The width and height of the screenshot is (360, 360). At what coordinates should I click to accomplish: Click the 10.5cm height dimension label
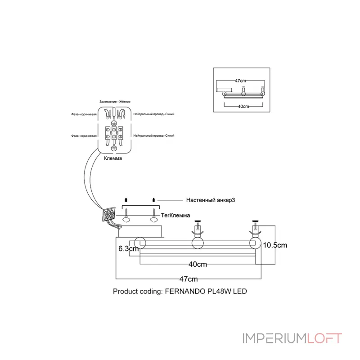(x=275, y=245)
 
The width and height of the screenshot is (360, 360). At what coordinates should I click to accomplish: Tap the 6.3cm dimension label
(x=129, y=248)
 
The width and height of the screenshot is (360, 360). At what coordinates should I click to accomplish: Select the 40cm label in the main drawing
(x=198, y=264)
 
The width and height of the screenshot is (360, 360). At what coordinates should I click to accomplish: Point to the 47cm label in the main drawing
(x=189, y=279)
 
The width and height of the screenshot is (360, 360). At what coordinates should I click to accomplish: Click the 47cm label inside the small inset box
(x=240, y=81)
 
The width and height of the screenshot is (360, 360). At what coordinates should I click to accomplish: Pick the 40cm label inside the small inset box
(x=243, y=106)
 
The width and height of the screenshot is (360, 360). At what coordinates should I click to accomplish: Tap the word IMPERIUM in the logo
(x=274, y=338)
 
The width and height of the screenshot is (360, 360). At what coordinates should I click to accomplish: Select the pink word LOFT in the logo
(x=324, y=338)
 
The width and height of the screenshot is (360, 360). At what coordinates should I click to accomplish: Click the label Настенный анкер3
(x=211, y=200)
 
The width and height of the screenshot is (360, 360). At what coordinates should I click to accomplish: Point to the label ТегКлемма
(x=175, y=216)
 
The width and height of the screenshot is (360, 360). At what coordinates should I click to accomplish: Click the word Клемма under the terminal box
(x=113, y=158)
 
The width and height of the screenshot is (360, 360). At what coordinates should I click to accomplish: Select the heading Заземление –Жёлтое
(x=115, y=102)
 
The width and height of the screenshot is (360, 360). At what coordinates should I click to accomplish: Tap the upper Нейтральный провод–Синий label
(x=154, y=114)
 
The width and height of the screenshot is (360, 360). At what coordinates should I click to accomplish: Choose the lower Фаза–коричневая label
(x=84, y=136)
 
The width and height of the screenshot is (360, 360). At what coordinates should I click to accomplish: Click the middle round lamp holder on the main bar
(x=198, y=243)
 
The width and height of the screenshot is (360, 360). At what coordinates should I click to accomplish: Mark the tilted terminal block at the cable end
(x=108, y=215)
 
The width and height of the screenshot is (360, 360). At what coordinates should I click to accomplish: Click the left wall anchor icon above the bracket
(x=126, y=200)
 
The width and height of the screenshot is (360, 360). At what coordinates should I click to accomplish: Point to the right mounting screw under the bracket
(x=153, y=211)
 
